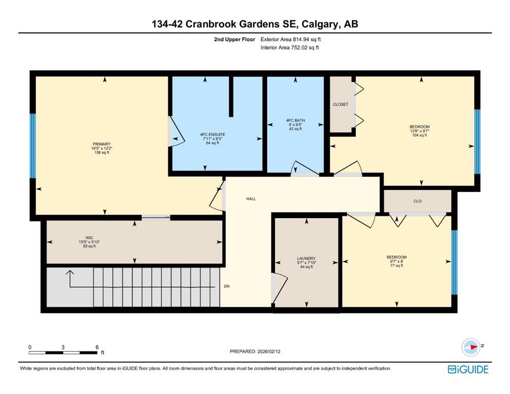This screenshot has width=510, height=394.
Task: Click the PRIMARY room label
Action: coord(102,144)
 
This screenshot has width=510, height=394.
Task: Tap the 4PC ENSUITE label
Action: coord(213,134)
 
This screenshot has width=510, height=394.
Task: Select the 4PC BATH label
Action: coord(295,121)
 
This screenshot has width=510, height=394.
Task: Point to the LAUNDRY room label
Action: coord(306,259)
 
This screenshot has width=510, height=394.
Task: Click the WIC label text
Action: coord(89,238)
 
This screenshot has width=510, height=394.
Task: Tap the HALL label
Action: coord(251,199)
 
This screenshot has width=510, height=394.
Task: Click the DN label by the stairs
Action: coord(226,286)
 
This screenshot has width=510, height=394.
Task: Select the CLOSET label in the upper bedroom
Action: coord(340,105)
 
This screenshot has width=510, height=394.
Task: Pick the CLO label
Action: coord(418,202)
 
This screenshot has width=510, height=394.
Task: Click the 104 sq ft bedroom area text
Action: coord(419,135)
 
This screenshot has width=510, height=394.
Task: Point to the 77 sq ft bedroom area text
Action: coord(396,265)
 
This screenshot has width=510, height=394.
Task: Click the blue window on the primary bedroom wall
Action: coord(32,146)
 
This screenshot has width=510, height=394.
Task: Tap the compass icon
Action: coord(471,347)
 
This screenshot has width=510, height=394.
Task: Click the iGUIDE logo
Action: coord(468,369)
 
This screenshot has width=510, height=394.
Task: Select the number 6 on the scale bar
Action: coord(97,347)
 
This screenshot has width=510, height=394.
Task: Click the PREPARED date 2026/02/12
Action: coord(269,351)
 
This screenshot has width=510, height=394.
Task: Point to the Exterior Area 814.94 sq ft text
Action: coord(291,40)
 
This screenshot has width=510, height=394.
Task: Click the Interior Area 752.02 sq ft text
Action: coord(290,47)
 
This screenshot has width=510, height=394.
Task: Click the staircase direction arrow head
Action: coord(70,272)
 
